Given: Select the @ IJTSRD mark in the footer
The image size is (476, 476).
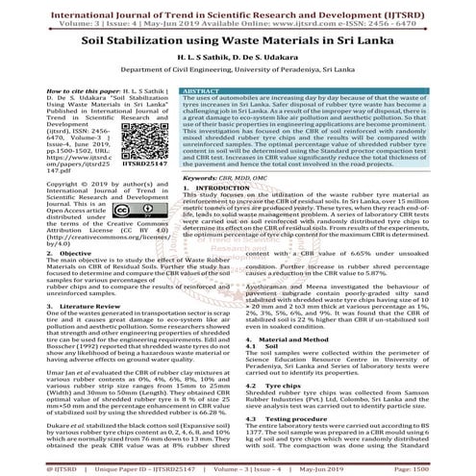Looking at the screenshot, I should [x=26, y=468].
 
